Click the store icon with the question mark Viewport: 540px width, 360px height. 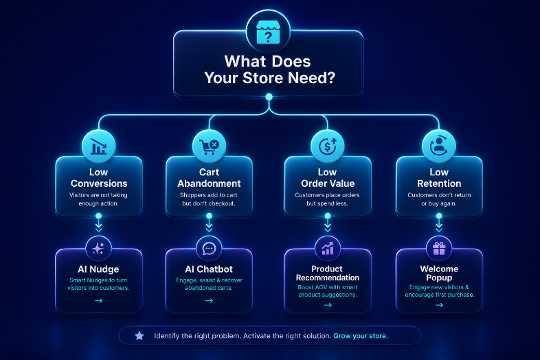click(x=268, y=32)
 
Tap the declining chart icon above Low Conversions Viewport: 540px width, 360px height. click(x=98, y=146)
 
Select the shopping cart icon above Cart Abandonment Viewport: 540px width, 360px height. click(x=209, y=147)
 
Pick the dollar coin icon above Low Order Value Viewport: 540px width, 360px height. click(x=328, y=146)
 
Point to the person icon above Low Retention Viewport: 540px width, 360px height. click(x=439, y=146)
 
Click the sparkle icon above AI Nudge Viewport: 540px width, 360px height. click(x=98, y=249)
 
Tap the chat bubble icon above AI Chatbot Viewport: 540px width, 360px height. click(x=209, y=249)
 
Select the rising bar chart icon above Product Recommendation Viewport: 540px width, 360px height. click(x=328, y=249)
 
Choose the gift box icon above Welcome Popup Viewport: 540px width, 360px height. click(x=439, y=249)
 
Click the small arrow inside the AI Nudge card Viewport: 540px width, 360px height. click(x=98, y=301)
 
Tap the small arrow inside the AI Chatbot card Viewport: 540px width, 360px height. click(x=209, y=301)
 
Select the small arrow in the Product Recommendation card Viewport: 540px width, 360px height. click(x=328, y=305)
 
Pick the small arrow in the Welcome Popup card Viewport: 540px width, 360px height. click(x=439, y=305)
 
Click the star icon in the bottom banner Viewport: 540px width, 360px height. click(x=139, y=335)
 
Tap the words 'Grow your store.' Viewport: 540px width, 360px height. click(x=361, y=336)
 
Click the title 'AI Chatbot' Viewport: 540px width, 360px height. click(x=209, y=269)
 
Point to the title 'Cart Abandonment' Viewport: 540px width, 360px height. click(x=209, y=178)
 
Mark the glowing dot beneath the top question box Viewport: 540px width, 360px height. click(x=269, y=97)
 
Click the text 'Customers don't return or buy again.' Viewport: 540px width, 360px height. click(x=439, y=199)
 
